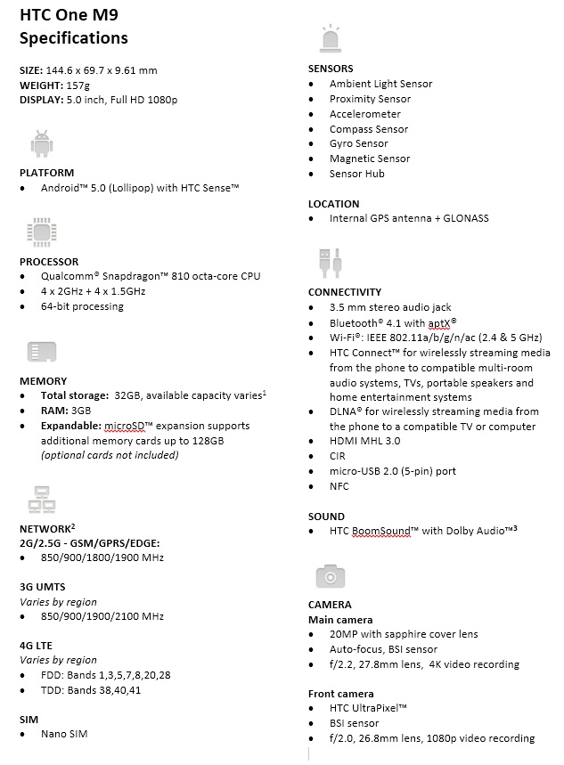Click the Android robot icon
(40, 143)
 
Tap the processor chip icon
(40, 232)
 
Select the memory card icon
(40, 352)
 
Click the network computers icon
(40, 500)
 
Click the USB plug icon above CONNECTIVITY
(329, 264)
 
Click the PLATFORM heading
(46, 173)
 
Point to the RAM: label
(54, 411)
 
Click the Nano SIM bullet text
(64, 734)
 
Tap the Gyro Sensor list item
(358, 143)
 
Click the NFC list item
(339, 486)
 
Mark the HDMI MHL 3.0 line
(364, 441)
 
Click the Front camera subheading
(340, 694)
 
